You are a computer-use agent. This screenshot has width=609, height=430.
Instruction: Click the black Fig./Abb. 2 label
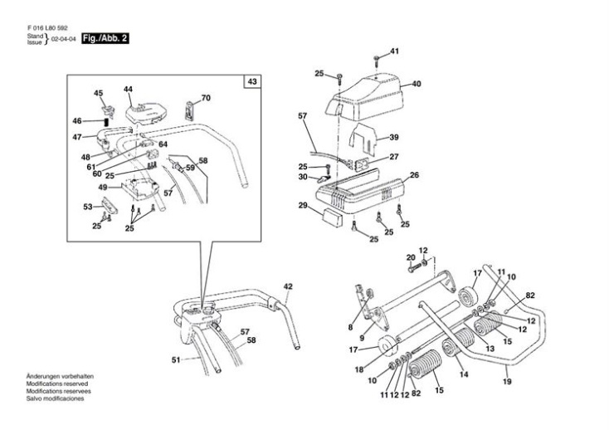104,39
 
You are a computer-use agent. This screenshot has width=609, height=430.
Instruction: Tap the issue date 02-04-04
64,40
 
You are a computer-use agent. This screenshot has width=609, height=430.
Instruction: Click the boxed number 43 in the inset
251,81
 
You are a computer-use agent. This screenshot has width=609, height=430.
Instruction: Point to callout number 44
128,89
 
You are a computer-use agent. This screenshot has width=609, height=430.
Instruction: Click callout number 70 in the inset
206,98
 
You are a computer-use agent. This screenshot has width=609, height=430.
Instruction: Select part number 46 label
76,121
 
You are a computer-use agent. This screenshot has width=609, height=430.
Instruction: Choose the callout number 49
104,188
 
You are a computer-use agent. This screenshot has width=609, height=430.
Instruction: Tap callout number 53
87,206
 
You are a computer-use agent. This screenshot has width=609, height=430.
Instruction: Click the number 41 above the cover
394,51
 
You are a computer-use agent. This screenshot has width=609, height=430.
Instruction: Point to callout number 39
394,137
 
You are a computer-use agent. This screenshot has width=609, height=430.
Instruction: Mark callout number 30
303,177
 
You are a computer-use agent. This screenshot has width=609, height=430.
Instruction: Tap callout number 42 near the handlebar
288,286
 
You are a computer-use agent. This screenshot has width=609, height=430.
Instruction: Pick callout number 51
175,359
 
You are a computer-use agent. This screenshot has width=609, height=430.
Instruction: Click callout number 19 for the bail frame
506,382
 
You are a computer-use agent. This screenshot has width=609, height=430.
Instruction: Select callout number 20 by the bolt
410,257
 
